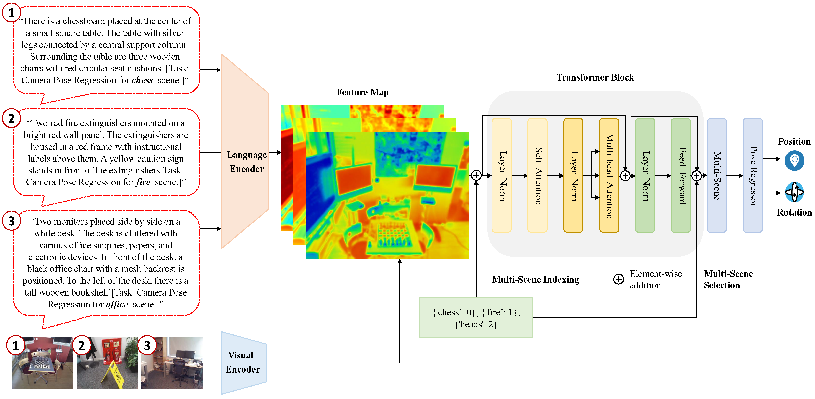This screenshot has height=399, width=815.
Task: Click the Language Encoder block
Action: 245,152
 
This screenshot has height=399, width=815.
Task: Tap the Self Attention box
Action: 537,175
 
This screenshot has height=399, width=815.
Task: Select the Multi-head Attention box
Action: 609,175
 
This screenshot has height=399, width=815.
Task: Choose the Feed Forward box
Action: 681,175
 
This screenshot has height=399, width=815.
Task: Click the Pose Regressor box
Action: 752,175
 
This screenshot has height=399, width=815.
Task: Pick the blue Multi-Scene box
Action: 716,175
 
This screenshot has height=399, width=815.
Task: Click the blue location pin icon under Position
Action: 794,160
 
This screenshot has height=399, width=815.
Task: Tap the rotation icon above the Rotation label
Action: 794,192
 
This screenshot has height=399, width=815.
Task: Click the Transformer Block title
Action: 595,77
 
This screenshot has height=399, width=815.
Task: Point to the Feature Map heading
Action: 362,92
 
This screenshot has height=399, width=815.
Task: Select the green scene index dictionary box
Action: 475,318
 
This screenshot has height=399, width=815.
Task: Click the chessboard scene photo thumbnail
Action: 43,363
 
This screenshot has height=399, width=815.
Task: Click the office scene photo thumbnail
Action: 172,363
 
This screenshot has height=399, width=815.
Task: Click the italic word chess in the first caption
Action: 142,80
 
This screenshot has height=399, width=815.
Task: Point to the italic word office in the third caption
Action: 117,304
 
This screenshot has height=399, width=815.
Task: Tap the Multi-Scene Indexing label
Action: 535,279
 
